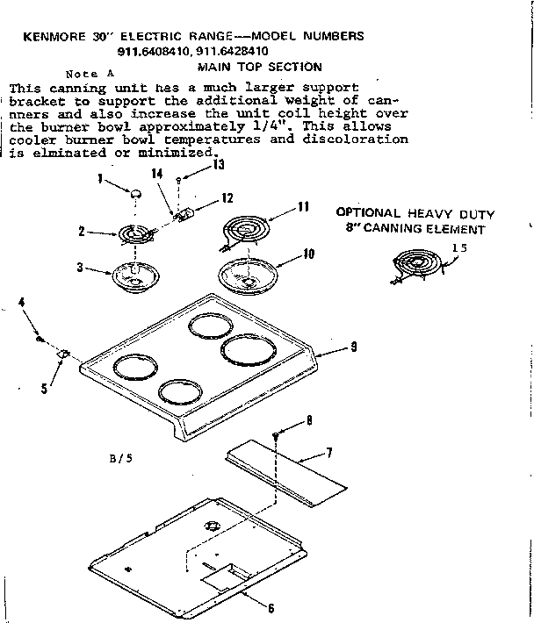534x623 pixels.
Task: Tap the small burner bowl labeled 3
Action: (133, 277)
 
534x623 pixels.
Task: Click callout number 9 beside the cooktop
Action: (353, 347)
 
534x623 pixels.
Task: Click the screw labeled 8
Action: (301, 433)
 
